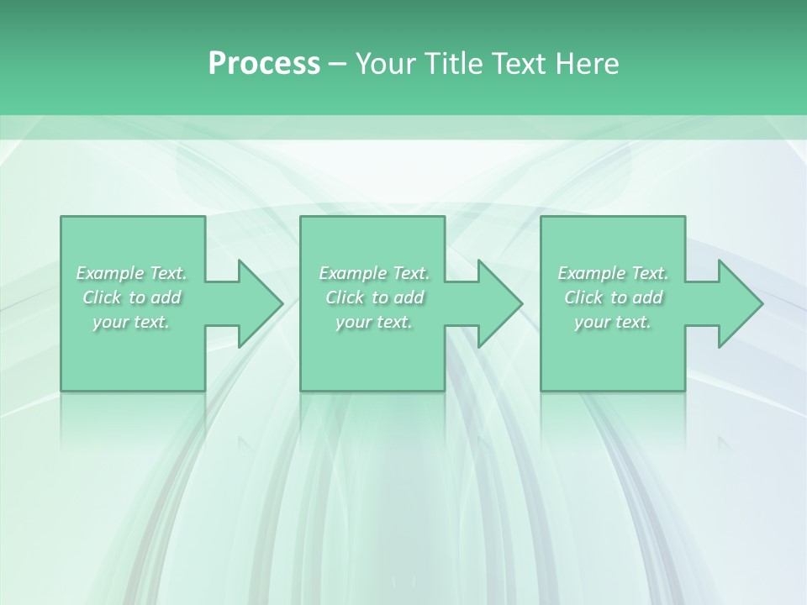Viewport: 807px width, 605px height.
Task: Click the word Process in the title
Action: tap(264, 64)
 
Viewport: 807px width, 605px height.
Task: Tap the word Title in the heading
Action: tap(454, 64)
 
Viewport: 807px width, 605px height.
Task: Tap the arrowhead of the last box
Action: tap(739, 303)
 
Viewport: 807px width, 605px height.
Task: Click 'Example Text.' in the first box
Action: tap(132, 273)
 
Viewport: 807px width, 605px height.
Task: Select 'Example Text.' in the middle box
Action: tap(374, 273)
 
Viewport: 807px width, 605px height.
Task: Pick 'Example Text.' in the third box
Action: tap(613, 273)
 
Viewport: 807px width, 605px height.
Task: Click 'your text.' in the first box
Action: tap(132, 322)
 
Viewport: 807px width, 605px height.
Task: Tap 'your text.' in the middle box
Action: tap(374, 322)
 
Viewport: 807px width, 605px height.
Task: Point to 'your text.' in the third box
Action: tap(613, 322)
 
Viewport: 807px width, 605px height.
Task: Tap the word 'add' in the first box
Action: tap(166, 297)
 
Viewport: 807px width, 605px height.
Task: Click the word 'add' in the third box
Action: tap(648, 297)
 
